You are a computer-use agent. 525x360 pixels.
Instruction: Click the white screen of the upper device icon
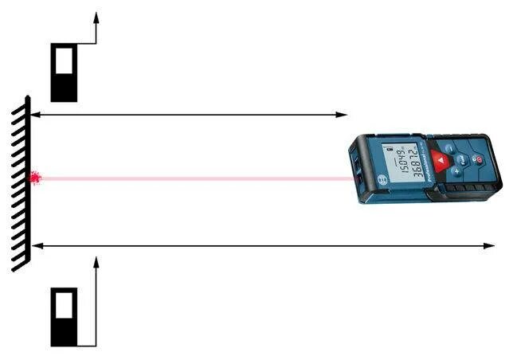click(x=64, y=58)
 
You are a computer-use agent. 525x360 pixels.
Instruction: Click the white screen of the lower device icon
click(x=64, y=303)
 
